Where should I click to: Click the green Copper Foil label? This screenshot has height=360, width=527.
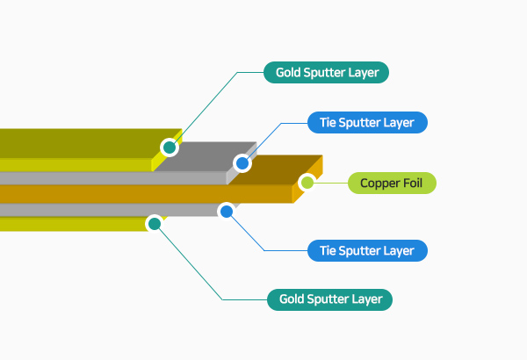click(x=392, y=184)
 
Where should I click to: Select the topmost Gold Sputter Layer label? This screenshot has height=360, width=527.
click(x=327, y=72)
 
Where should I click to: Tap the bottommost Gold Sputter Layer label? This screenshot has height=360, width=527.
click(x=330, y=299)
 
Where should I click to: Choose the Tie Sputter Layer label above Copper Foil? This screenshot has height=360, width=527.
click(x=367, y=122)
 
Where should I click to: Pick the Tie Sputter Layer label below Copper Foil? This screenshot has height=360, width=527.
click(x=367, y=250)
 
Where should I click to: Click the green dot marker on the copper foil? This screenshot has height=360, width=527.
click(x=307, y=183)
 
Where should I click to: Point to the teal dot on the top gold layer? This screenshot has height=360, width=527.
click(x=169, y=147)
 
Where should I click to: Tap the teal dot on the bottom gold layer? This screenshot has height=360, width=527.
click(x=155, y=224)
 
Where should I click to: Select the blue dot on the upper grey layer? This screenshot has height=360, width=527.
click(x=242, y=163)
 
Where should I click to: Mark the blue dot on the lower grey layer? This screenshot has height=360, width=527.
click(x=227, y=211)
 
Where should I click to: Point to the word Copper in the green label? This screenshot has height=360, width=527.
click(x=380, y=184)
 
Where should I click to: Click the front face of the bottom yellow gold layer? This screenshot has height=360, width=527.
click(x=70, y=224)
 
